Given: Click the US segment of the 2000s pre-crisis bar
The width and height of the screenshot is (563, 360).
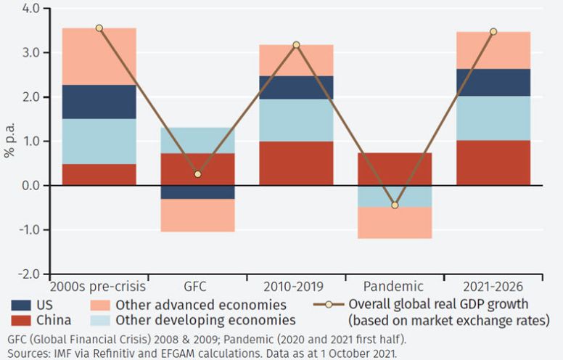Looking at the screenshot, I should (x=99, y=102).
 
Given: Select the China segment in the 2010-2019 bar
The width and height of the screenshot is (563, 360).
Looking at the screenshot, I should (x=296, y=163).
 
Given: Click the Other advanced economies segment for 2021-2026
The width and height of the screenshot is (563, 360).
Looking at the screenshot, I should (x=493, y=50).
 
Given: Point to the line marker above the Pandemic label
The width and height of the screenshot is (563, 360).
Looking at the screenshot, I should (x=395, y=205).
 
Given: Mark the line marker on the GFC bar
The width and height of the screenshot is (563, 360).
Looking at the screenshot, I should (x=197, y=174).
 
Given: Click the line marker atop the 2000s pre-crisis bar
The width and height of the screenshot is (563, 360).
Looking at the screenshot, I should (x=99, y=28).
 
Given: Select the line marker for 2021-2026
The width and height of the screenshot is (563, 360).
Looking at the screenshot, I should (x=493, y=32).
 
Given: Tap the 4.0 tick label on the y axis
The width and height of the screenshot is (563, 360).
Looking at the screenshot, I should (x=30, y=9).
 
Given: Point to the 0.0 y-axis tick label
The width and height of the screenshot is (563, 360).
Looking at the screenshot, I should (x=30, y=186).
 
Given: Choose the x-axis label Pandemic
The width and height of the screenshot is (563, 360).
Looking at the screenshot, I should (x=395, y=287).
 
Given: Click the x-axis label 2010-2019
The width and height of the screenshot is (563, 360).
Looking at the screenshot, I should (x=296, y=287).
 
